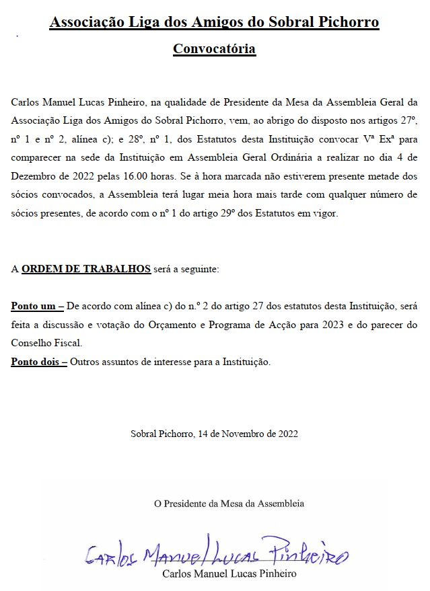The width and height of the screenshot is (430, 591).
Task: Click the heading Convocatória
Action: [214, 48]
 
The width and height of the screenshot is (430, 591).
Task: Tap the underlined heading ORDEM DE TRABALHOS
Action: [86, 269]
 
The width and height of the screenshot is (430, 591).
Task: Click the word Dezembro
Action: [33, 177]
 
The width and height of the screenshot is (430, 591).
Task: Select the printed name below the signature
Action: [229, 574]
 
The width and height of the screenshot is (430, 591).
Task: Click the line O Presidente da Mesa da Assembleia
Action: [229, 503]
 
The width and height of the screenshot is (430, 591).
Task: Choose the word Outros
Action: [85, 362]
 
